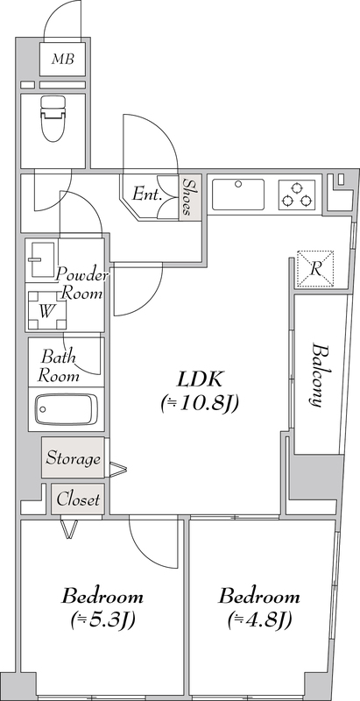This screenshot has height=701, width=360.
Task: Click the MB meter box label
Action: coord(62,59)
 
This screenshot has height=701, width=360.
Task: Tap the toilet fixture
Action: coord(53,118)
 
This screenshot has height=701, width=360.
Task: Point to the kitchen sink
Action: coord(238,194)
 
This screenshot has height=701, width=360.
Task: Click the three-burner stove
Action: coord(297,195)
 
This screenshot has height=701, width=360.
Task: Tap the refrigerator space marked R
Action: coord(316,268)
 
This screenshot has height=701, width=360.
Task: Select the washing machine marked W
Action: coord(46,311)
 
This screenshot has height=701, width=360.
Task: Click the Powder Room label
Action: coord(81,283)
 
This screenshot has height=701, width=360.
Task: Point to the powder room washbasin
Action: coord(41,258)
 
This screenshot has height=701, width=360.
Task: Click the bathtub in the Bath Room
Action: coord(66,409)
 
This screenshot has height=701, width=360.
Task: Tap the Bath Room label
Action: coord(59,365)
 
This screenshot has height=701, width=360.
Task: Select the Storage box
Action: coord(74,457)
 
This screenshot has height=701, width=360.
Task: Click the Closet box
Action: coord(78,499)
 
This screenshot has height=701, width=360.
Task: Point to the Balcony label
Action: coord(316,375)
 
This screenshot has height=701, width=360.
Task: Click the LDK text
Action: coord(200,379)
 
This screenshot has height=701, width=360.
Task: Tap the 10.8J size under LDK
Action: coord(200,404)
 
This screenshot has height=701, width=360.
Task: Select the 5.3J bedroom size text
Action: coord(102,620)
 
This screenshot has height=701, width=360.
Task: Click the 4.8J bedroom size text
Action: coord(259,620)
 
